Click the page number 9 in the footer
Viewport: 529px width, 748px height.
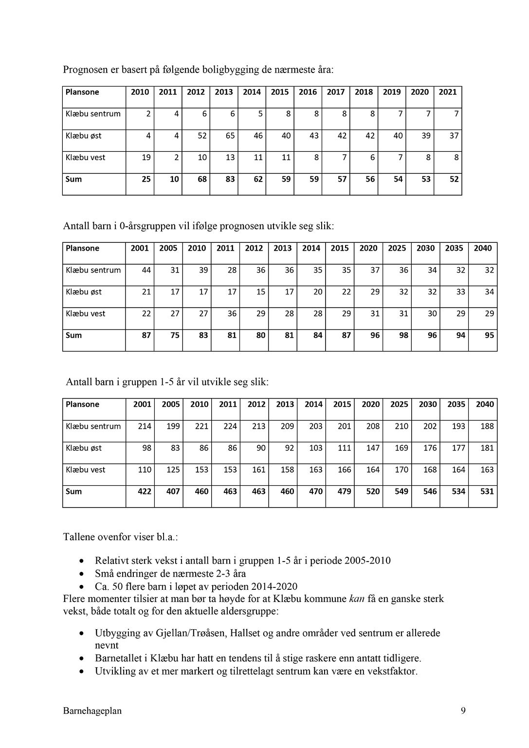[463, 711]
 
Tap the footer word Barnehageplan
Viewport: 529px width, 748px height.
[92, 711]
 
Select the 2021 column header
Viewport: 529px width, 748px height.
[448, 92]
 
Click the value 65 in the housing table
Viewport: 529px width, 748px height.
[230, 136]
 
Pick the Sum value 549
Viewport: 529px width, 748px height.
[401, 492]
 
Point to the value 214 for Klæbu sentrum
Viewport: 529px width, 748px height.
[145, 426]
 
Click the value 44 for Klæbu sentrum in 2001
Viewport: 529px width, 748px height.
[146, 270]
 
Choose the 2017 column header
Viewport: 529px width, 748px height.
[336, 92]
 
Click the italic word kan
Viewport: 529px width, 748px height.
[357, 599]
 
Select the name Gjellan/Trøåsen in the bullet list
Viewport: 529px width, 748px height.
[190, 633]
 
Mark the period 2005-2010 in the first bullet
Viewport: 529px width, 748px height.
[367, 561]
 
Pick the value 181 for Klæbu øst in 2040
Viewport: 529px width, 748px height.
[487, 448]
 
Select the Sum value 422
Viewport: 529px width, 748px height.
[145, 492]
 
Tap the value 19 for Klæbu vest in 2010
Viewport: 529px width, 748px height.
[146, 158]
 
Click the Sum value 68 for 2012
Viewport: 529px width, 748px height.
[202, 179]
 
